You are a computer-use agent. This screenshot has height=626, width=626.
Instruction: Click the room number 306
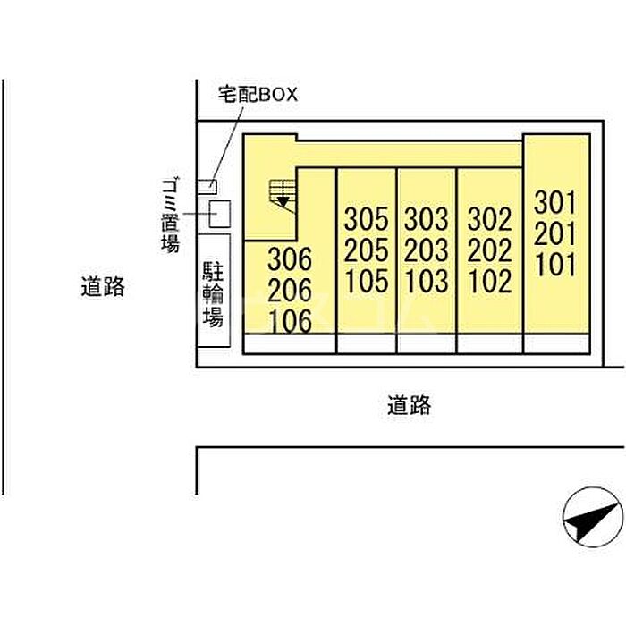290,259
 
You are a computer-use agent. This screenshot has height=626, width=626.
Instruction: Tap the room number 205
366,250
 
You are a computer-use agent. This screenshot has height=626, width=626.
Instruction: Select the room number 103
427,281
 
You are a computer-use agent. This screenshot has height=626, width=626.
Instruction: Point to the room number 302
489,219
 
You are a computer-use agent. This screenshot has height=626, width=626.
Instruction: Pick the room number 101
555,265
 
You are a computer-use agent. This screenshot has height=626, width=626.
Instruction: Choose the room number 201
555,233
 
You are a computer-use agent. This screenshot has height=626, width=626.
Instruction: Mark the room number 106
291,321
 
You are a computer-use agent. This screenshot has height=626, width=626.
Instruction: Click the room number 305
366,219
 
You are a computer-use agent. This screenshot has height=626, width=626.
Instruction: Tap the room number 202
489,250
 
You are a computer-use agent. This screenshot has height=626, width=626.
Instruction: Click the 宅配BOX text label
258,95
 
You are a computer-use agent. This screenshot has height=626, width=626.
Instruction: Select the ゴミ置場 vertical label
170,216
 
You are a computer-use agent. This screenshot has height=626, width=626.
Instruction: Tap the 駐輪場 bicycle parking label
213,294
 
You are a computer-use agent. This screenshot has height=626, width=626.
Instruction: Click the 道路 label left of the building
103,287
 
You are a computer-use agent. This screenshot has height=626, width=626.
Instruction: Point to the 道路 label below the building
410,405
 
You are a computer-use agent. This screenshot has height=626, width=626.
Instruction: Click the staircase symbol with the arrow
283,194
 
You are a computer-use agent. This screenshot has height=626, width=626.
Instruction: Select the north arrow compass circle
593,517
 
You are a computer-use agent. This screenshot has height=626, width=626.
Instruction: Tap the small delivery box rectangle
207,187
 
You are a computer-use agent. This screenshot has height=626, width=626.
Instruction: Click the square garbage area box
220,215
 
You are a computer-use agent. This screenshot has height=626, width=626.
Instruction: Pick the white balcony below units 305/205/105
367,343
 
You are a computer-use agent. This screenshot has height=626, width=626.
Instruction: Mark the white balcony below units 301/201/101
556,343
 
